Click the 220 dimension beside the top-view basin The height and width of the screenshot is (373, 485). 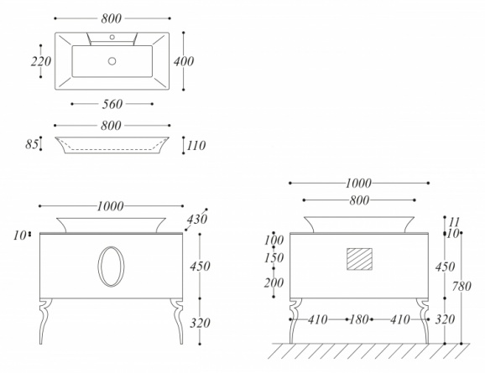coord(41,61)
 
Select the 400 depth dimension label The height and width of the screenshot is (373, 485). coord(184,61)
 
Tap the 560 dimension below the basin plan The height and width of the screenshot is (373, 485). coord(112,104)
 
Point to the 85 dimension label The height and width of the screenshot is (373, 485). coord(32,144)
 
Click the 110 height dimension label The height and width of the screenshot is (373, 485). coord(196,146)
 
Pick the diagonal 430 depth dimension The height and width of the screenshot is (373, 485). coord(197,219)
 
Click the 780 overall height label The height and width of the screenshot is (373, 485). coord(462,287)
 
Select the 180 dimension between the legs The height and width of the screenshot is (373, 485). coord(359,319)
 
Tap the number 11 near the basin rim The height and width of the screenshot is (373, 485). coord(455,222)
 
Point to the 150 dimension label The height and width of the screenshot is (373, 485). coord(274,258)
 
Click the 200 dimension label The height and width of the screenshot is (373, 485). coord(274,282)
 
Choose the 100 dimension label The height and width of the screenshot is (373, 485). coord(274,240)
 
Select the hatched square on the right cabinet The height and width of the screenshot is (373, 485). coord(359,259)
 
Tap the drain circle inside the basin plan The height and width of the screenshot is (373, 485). coord(112,61)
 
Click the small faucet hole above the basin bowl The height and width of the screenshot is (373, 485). coord(112,37)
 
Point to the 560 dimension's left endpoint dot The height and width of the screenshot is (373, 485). coord(72,104)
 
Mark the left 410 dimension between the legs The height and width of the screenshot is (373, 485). coord(318,319)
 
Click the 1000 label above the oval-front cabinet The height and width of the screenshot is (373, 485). coord(111,206)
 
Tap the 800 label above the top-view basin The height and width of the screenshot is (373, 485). coord(112,18)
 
